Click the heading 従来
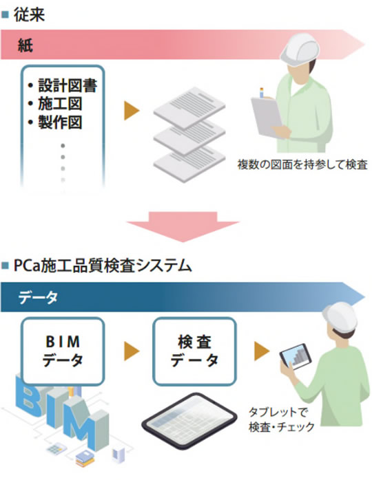click(29, 15)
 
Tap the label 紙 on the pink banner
click(25, 45)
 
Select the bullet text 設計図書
click(68, 85)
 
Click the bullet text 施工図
click(60, 104)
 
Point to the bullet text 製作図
click(60, 122)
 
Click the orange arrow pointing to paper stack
click(132, 111)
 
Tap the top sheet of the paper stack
click(189, 107)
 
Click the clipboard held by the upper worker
click(267, 117)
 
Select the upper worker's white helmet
click(300, 48)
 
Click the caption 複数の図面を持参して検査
click(302, 164)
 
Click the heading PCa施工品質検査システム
click(103, 265)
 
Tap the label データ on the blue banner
click(37, 297)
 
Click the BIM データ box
click(63, 351)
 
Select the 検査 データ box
click(194, 351)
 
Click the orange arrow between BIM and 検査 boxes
click(132, 351)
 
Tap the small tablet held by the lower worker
click(296, 357)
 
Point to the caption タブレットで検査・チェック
click(282, 419)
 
